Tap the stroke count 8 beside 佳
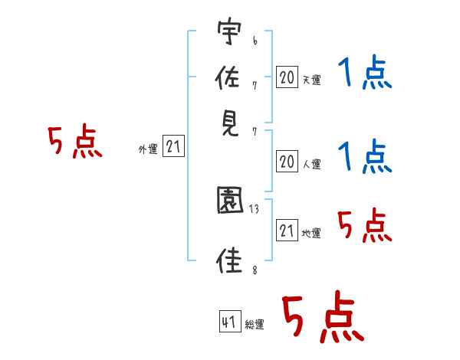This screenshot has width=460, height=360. coord(254,270)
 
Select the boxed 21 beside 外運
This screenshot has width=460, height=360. coord(174,148)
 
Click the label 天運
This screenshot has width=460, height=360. coord(311,80)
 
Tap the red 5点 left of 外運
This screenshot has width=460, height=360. coord(74,143)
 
